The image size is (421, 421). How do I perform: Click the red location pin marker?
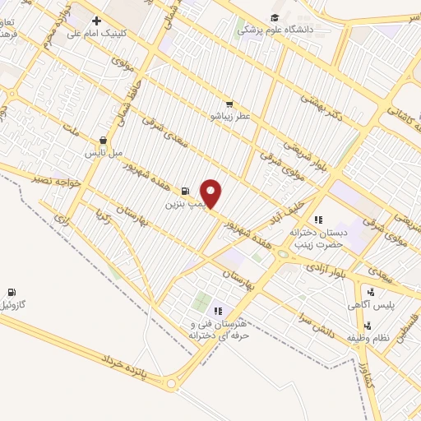click(211, 193)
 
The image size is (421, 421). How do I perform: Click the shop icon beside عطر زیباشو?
click(229, 104)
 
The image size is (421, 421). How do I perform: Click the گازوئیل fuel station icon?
click(12, 292)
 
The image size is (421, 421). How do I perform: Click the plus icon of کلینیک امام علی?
click(96, 21)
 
